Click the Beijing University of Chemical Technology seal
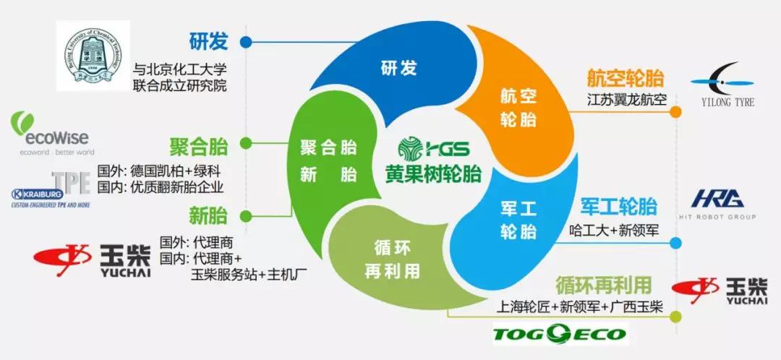(x=93, y=56)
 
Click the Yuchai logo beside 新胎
(x=87, y=262)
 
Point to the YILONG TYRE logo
(x=722, y=86)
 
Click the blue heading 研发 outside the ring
(x=208, y=41)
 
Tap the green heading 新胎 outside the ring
(x=208, y=215)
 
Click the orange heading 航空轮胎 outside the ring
(x=626, y=79)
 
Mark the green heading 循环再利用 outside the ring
(x=604, y=284)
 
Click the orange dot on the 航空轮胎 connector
(x=675, y=112)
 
